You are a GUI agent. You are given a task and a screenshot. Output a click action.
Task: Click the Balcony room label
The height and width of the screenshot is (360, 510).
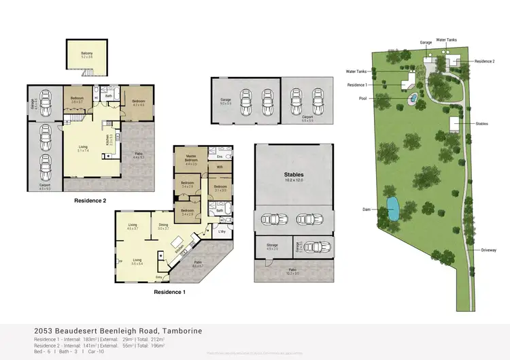click(86, 52)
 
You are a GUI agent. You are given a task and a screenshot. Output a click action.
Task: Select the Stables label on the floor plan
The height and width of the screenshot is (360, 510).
click(293, 175)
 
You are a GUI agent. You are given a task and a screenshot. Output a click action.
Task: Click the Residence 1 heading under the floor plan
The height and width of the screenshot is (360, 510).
click(169, 292)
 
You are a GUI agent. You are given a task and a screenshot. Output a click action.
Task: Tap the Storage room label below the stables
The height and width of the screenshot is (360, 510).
click(272, 246)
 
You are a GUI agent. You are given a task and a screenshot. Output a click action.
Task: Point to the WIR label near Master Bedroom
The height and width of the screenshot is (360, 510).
click(220, 167)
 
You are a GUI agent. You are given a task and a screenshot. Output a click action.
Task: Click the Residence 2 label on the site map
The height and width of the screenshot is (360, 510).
click(484, 61)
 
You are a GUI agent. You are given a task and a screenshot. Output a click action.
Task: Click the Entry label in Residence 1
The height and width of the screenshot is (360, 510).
click(159, 277)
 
